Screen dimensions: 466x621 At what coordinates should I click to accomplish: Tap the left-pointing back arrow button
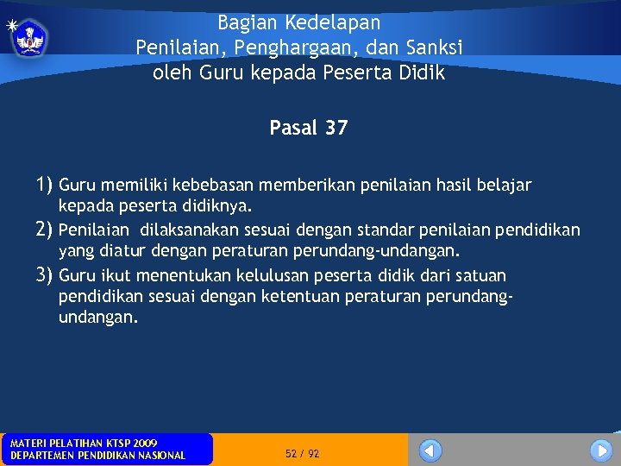point(430,450)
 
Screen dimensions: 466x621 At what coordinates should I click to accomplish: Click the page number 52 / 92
point(302,454)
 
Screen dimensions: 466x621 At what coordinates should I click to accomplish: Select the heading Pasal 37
point(308,129)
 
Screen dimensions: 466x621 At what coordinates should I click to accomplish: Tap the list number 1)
point(45,185)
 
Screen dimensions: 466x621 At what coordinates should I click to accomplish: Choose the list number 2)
point(45,230)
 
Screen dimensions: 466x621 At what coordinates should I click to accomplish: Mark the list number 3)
point(45,275)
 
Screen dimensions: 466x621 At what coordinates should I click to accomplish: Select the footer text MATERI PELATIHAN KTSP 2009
point(84,444)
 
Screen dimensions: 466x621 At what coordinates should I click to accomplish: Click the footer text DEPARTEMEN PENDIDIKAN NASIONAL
point(97,456)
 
